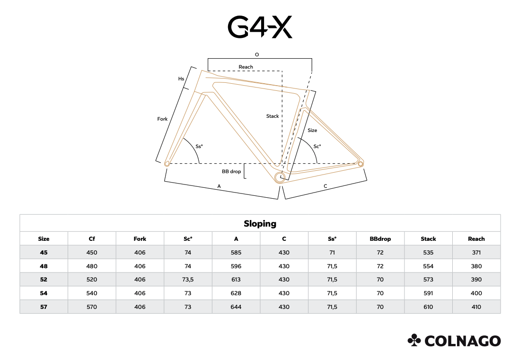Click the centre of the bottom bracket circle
tap(280, 177)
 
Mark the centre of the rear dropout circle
tap(361, 164)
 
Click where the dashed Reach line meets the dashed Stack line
tap(282, 71)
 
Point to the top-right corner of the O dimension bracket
tap(312, 59)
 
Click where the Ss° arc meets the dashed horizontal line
tap(199, 163)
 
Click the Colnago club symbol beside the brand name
tap(414, 340)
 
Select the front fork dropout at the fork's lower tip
tap(167, 163)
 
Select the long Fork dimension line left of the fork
tap(174, 114)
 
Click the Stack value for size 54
tap(428, 293)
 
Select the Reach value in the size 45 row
tap(476, 253)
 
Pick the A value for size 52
tap(236, 280)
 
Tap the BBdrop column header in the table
tap(380, 239)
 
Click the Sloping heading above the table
tap(260, 224)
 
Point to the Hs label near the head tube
tap(181, 79)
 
